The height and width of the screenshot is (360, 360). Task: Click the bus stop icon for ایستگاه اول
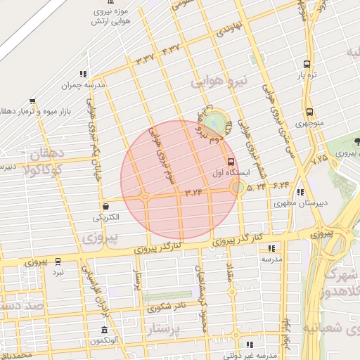(x=232, y=163)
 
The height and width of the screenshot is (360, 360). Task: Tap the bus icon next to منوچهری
(x=309, y=112)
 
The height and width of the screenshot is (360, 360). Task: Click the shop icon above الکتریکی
(x=105, y=207)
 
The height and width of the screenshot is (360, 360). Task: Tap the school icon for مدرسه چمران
(x=83, y=74)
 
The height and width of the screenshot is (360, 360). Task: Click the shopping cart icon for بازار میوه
(x=32, y=101)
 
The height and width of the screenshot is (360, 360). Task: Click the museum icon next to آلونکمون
(x=104, y=330)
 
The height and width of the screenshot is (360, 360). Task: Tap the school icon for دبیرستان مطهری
(x=301, y=192)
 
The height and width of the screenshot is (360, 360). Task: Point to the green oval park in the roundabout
(x=218, y=121)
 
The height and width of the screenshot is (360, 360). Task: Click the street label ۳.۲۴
(x=193, y=191)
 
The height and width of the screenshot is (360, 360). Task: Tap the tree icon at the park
(x=357, y=141)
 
